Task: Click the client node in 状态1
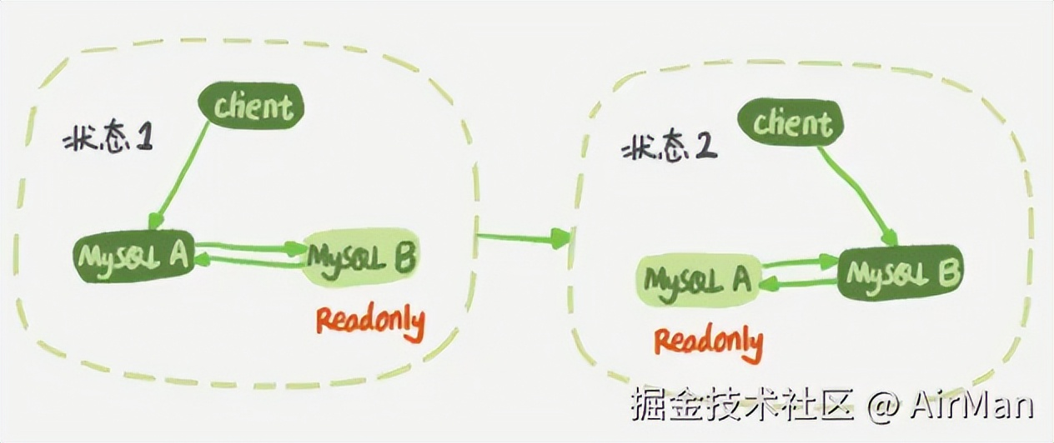click(251, 107)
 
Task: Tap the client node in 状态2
click(792, 124)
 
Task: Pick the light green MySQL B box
click(360, 256)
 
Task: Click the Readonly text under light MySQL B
click(369, 321)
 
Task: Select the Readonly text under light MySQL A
click(708, 341)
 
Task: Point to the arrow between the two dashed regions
click(523, 239)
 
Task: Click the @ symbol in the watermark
click(882, 406)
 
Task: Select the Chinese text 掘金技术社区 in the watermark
click(742, 406)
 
